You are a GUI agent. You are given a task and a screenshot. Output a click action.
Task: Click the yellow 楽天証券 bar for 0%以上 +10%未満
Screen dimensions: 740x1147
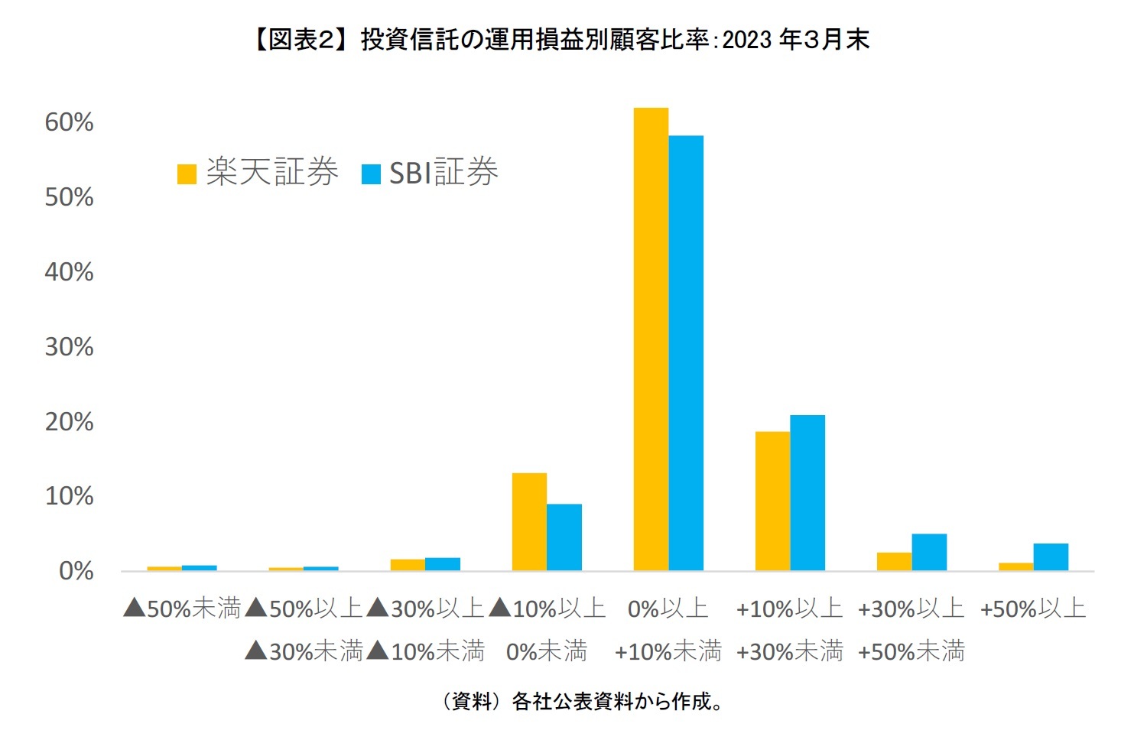pos(651,339)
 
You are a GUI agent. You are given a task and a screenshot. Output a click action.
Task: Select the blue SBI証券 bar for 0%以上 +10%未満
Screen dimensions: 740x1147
pos(686,353)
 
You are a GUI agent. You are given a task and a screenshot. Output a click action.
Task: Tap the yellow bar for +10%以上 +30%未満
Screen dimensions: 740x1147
pos(772,501)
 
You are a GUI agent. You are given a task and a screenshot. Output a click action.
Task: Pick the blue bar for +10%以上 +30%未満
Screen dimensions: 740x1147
pos(807,493)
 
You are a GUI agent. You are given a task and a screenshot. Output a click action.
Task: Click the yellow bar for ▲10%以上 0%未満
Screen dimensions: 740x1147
pos(529,522)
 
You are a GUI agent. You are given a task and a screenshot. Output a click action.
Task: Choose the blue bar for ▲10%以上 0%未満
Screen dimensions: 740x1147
pos(564,537)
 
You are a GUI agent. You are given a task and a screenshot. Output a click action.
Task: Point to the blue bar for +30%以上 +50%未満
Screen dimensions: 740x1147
pos(929,552)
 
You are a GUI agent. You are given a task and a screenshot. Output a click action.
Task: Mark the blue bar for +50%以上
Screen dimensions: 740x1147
pos(1051,557)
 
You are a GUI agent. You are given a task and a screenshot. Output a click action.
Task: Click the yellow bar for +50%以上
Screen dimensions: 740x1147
pos(1015,566)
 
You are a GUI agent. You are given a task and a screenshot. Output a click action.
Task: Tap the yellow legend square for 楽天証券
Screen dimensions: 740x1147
pos(187,174)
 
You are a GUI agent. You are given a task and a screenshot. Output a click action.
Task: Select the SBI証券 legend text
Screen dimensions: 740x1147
pos(444,173)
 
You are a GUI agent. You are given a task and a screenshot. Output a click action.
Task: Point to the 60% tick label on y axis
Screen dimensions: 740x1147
pos(69,122)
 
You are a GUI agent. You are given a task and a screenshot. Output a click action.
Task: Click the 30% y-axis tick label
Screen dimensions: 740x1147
pos(69,347)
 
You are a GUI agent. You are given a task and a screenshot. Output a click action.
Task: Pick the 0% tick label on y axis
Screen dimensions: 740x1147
pos(76,571)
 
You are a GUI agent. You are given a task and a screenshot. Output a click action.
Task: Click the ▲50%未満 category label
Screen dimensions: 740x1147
pos(182,609)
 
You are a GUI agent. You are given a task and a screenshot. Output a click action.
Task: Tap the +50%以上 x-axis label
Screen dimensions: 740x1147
pos(1033,609)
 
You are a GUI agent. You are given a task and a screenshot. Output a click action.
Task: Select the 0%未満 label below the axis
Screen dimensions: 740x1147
pos(547,651)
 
